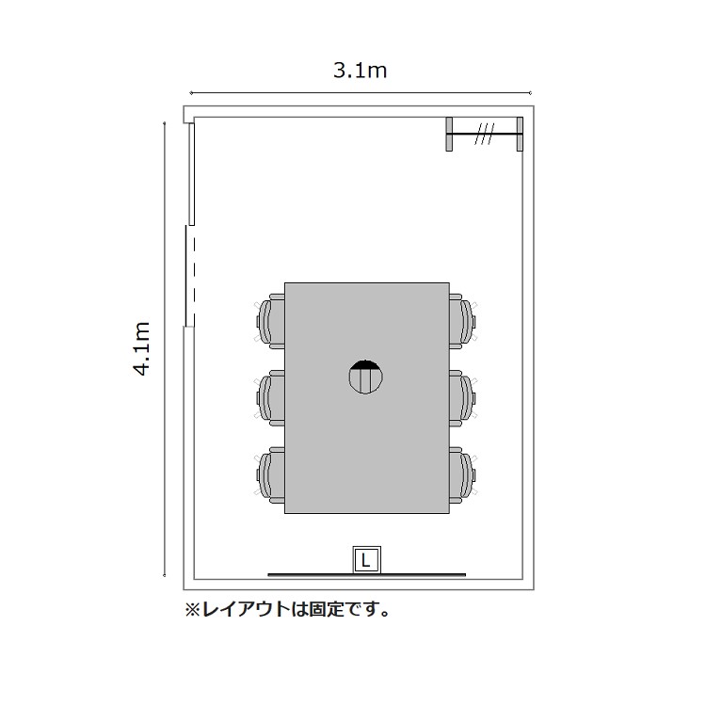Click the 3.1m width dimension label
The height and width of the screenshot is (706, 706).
360,71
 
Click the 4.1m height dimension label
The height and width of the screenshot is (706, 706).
141,348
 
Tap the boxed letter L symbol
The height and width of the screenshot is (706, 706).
366,561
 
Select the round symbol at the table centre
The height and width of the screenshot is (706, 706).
366,377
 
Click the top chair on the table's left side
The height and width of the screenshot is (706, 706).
270,321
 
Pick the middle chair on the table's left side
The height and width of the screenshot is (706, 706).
270,397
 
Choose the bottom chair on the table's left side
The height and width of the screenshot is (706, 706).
270,474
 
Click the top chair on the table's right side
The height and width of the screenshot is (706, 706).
463,321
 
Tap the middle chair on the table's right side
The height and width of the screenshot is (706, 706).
463,397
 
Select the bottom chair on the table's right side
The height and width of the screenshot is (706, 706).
463,474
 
